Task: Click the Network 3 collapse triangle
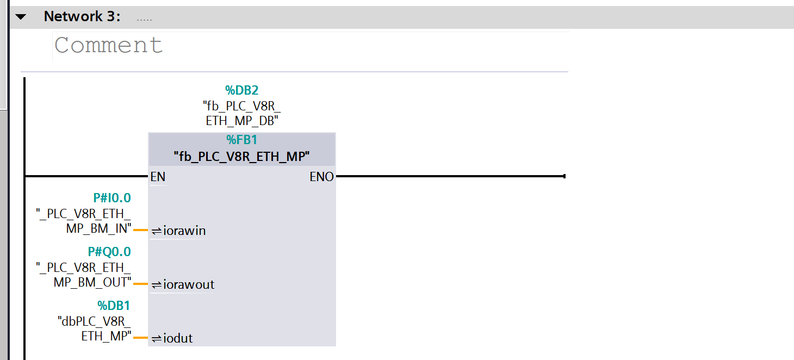pyautogui.click(x=21, y=17)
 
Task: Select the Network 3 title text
pyautogui.click(x=82, y=16)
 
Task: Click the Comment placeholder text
pyautogui.click(x=109, y=45)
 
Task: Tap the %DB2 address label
pyautogui.click(x=242, y=90)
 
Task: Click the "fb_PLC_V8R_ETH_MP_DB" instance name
pyautogui.click(x=242, y=113)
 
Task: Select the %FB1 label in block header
pyautogui.click(x=242, y=140)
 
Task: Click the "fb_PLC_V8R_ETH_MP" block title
pyautogui.click(x=242, y=157)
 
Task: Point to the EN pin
pyautogui.click(x=158, y=177)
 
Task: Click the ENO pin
pyautogui.click(x=321, y=177)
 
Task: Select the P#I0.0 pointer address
pyautogui.click(x=112, y=198)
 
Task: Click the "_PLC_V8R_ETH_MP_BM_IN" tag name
pyautogui.click(x=84, y=221)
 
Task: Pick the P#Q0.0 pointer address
pyautogui.click(x=109, y=252)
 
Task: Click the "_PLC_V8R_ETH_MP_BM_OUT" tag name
pyautogui.click(x=84, y=275)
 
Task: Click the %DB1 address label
pyautogui.click(x=114, y=305)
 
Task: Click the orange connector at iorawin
pyautogui.click(x=141, y=230)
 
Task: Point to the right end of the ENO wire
pyautogui.click(x=565, y=176)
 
